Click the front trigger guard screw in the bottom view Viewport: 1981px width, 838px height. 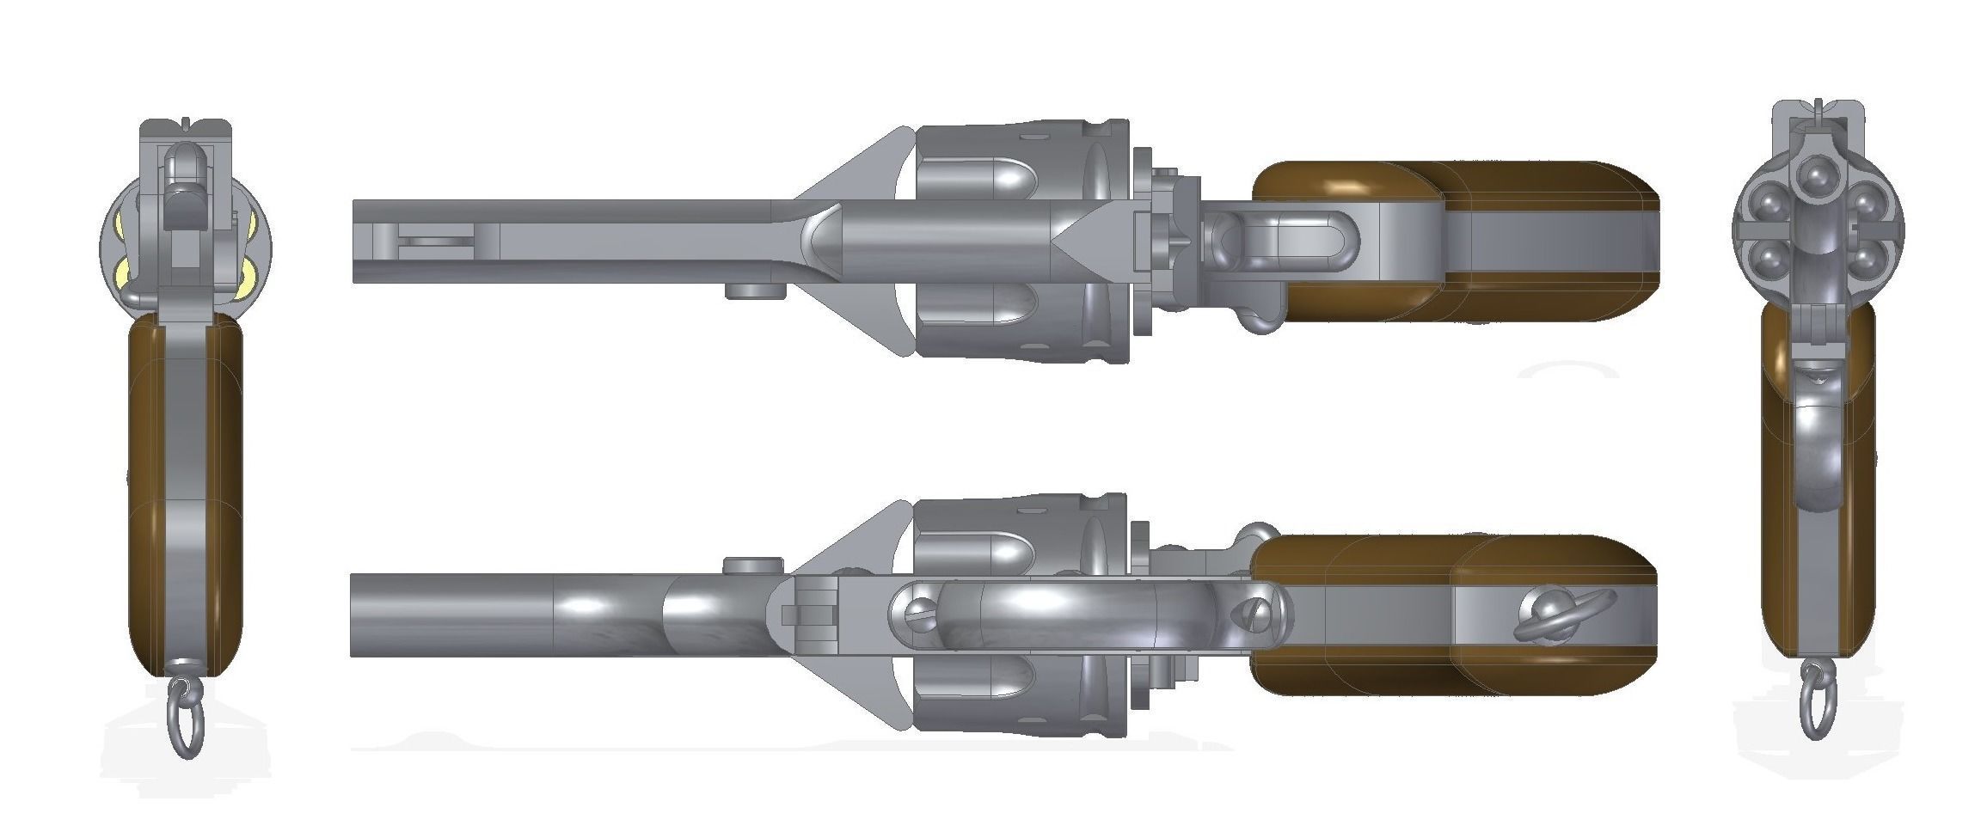(917, 611)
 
